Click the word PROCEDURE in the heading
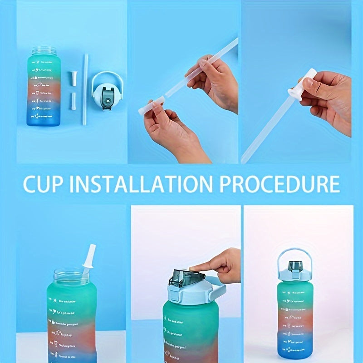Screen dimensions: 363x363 point(280,185)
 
